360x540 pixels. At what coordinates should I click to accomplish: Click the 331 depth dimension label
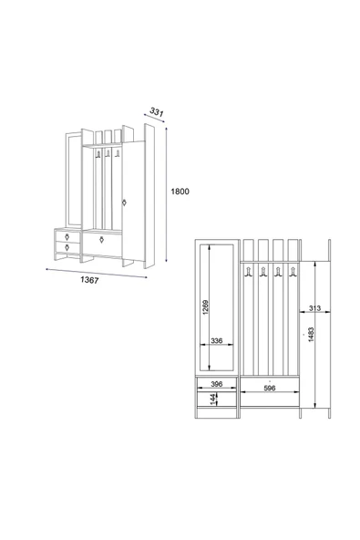click(157, 112)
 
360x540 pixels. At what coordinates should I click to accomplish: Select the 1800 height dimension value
click(180, 192)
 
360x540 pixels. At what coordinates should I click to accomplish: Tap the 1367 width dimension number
click(89, 280)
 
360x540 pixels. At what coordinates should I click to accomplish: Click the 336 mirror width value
click(217, 340)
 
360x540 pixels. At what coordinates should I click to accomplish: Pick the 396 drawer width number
click(217, 384)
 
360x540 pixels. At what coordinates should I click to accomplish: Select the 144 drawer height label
click(213, 400)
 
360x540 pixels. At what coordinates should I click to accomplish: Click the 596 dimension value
click(270, 388)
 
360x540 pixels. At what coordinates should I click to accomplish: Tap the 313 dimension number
click(314, 308)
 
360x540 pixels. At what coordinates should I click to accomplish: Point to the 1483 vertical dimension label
click(311, 335)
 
